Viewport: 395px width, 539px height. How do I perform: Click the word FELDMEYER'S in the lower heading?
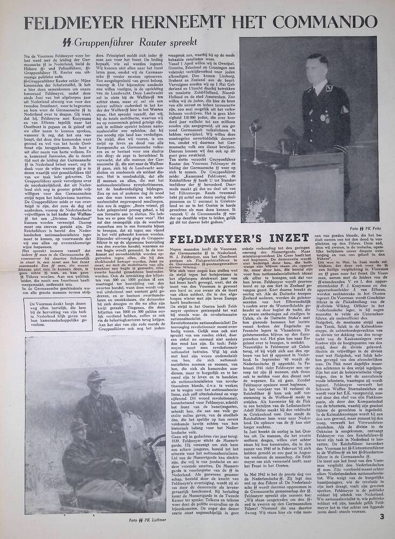pyautogui.click(x=216, y=238)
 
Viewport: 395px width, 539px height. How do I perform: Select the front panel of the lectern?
pyautogui.click(x=291, y=178)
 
